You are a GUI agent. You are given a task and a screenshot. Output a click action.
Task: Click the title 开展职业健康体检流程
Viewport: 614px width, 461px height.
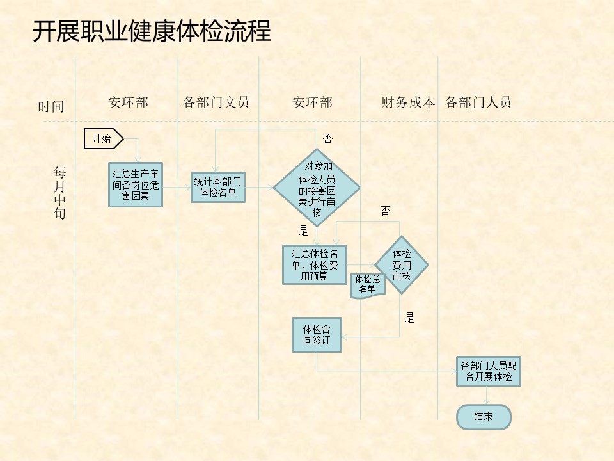pyautogui.click(x=152, y=31)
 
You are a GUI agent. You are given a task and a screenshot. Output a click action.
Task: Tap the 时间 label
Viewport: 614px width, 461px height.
pyautogui.click(x=51, y=107)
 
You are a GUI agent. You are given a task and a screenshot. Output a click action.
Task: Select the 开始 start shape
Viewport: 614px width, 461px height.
pyautogui.click(x=104, y=138)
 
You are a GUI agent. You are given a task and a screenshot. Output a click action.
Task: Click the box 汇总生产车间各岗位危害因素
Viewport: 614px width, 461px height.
pyautogui.click(x=136, y=184)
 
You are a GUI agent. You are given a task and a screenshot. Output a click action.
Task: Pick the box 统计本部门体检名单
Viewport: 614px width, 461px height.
pyautogui.click(x=218, y=187)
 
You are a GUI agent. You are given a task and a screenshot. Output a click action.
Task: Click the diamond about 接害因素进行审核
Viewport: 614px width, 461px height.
pyautogui.click(x=317, y=188)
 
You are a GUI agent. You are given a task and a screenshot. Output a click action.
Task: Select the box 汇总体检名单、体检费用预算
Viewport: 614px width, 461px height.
pyautogui.click(x=315, y=264)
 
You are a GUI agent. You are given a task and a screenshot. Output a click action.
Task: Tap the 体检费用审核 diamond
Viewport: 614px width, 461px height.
pyautogui.click(x=402, y=264)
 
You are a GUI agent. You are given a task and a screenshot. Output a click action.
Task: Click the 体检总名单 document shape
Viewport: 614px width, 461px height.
pyautogui.click(x=367, y=286)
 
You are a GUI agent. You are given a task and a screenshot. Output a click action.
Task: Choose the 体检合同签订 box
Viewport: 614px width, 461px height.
pyautogui.click(x=317, y=335)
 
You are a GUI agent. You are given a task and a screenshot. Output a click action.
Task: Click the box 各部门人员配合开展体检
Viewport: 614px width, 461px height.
pyautogui.click(x=488, y=371)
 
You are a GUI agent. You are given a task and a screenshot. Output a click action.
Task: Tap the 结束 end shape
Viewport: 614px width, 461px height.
pyautogui.click(x=484, y=417)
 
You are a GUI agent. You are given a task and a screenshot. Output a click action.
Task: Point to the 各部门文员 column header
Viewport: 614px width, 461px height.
pyautogui.click(x=216, y=102)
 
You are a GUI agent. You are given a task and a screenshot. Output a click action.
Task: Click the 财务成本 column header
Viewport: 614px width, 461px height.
pyautogui.click(x=408, y=102)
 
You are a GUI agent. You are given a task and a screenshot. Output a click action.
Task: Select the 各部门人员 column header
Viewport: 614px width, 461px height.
pyautogui.click(x=478, y=102)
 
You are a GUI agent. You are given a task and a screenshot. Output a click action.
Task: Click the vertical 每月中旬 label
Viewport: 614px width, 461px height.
pyautogui.click(x=59, y=193)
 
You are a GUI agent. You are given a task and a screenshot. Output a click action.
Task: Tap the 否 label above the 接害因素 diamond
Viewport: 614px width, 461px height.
pyautogui.click(x=327, y=138)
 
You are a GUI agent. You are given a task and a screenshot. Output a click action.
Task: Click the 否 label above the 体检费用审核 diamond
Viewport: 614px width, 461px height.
pyautogui.click(x=385, y=211)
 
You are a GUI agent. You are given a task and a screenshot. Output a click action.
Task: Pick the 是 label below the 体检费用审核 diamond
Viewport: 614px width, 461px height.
pyautogui.click(x=409, y=318)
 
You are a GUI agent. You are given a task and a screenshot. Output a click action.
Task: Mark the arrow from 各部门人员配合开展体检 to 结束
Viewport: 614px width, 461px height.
pyautogui.click(x=486, y=396)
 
